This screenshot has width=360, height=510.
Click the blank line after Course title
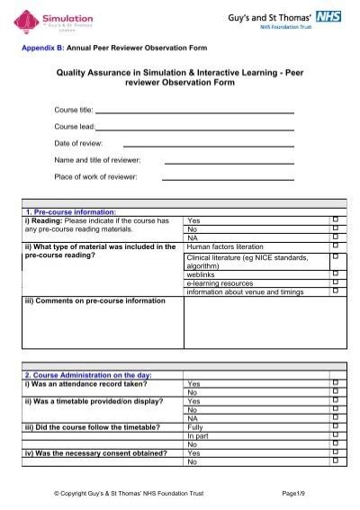coord(194,112)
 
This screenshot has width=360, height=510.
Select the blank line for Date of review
coord(208,144)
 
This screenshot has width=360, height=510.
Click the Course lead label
coord(75,127)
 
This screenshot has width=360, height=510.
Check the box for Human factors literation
coord(335,246)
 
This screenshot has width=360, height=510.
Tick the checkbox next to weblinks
coord(335,273)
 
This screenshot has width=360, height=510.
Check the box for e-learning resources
coord(335,282)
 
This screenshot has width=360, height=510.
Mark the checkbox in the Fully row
coord(335,427)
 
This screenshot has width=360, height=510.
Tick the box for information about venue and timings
coord(335,291)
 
